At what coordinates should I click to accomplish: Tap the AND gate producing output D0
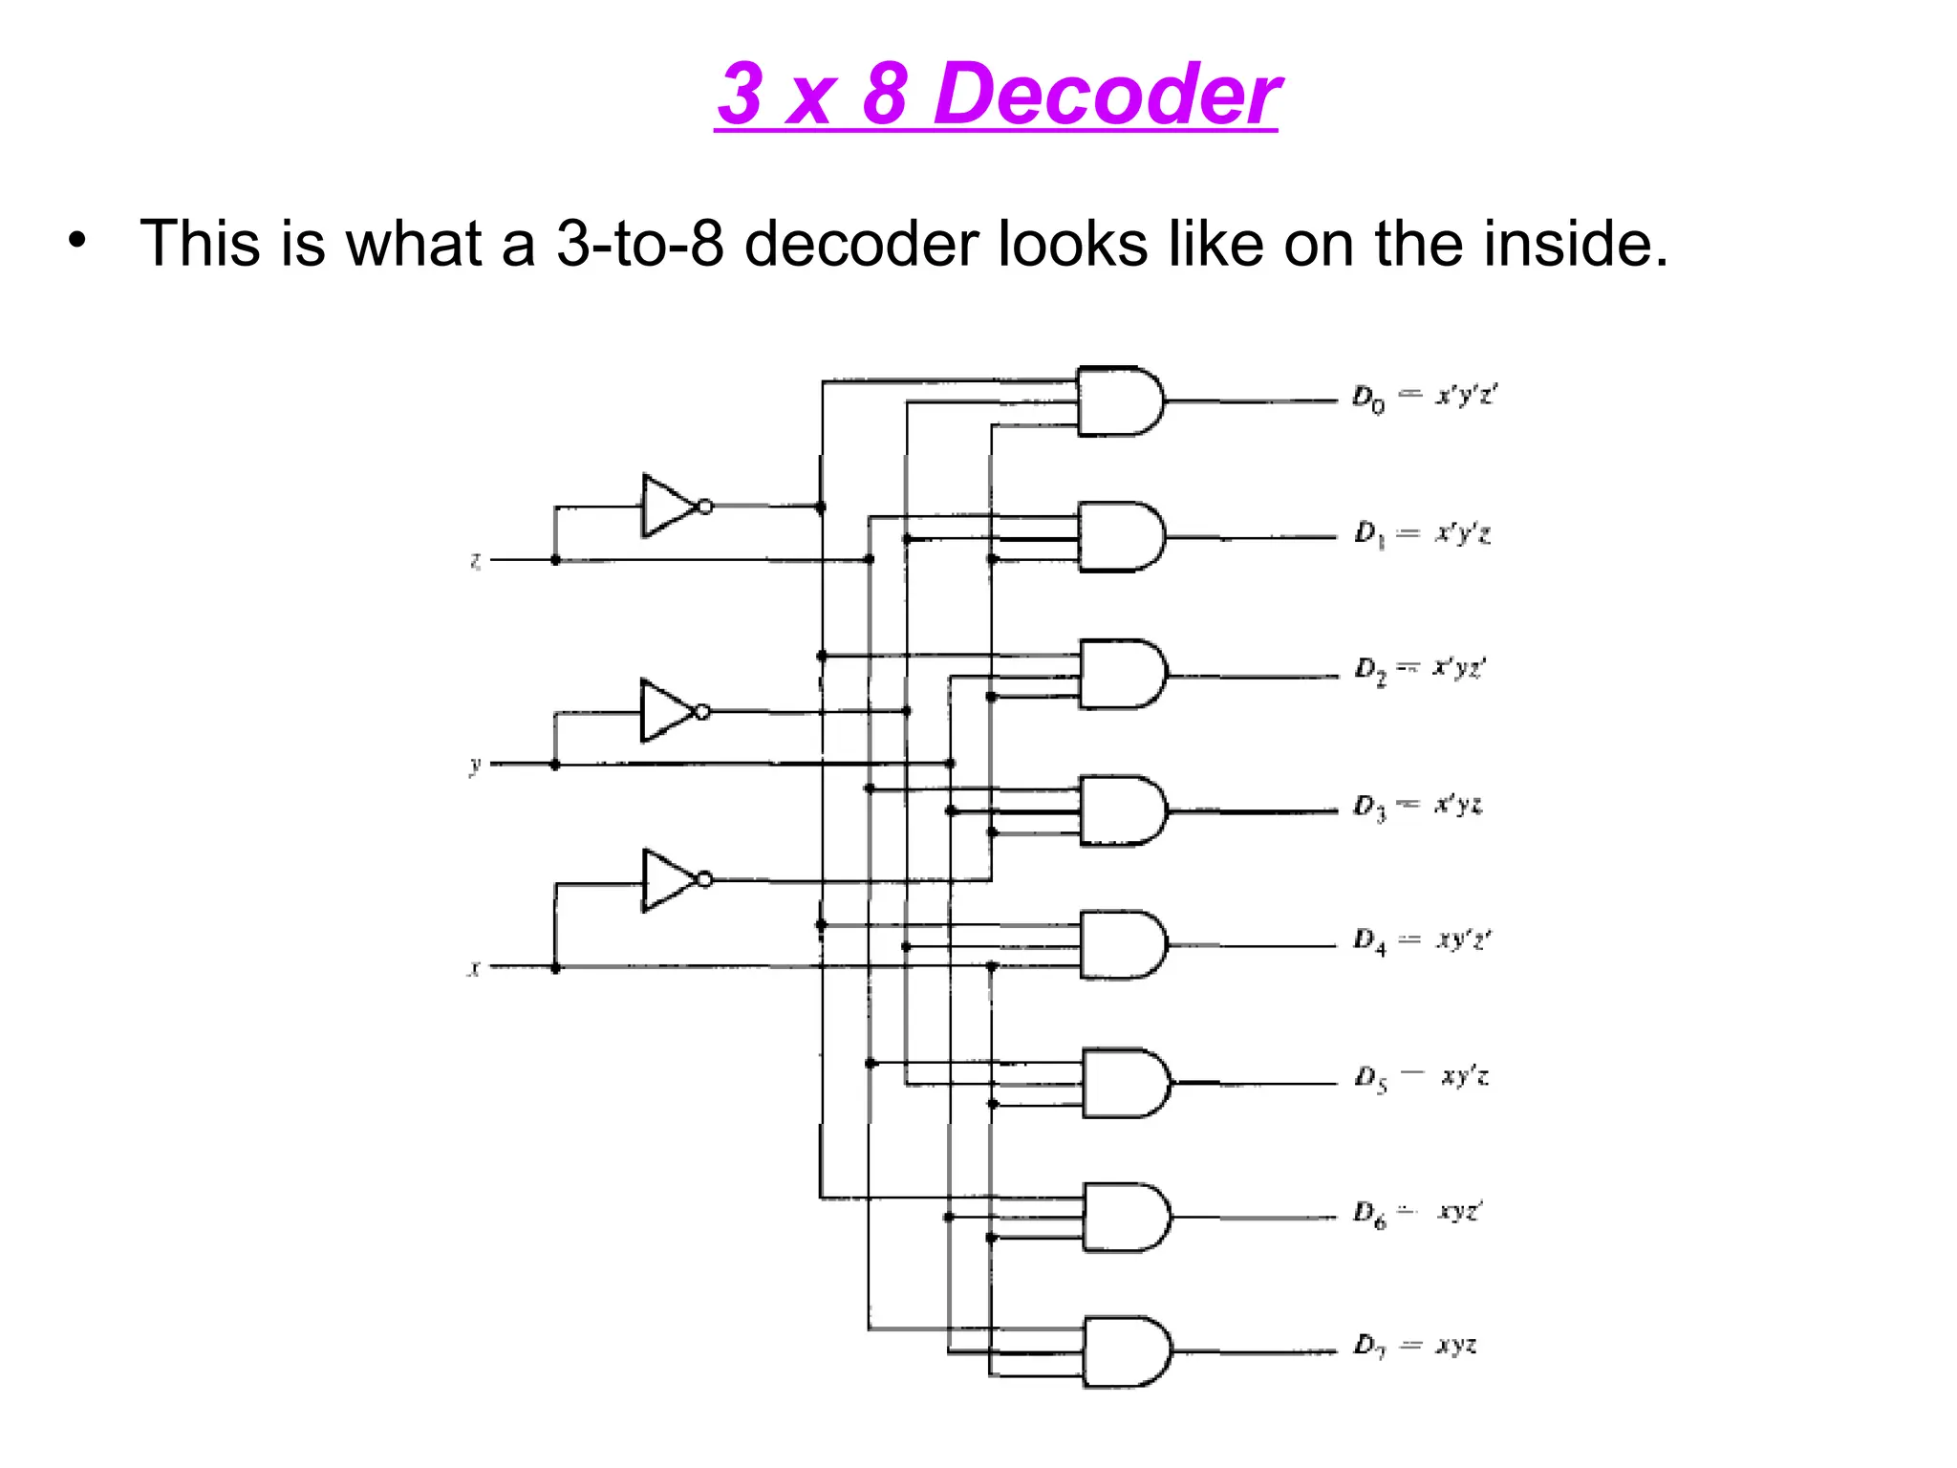[x=1118, y=401]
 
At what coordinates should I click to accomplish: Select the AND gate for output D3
[x=1121, y=810]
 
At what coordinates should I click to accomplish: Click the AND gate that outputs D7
[x=1125, y=1351]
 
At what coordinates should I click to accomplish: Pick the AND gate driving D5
[x=1124, y=1083]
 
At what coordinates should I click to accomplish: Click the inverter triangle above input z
[x=671, y=506]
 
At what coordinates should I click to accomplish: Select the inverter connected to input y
[x=669, y=711]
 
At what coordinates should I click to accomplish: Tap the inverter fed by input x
[x=671, y=880]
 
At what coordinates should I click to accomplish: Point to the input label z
[x=475, y=560]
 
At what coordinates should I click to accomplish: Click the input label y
[x=475, y=765]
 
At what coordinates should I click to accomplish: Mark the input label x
[x=474, y=969]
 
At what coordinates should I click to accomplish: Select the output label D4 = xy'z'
[x=1422, y=941]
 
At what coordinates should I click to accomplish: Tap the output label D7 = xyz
[x=1415, y=1347]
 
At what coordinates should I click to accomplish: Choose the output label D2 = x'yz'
[x=1420, y=669]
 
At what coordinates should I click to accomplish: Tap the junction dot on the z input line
[x=555, y=560]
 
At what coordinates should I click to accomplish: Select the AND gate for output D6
[x=1124, y=1218]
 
